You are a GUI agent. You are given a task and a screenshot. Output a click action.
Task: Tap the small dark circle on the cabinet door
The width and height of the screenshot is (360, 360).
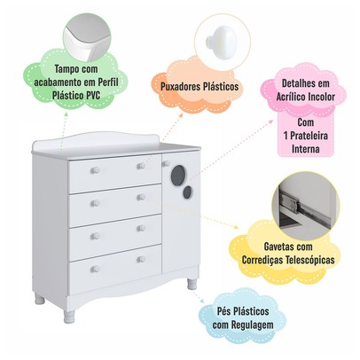(187, 192)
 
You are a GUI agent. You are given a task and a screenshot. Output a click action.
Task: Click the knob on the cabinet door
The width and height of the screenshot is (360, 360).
(166, 163)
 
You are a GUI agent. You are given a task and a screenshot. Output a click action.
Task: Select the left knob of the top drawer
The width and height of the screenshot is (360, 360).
(95, 170)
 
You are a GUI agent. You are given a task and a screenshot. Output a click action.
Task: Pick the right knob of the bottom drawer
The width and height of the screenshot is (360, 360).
(141, 259)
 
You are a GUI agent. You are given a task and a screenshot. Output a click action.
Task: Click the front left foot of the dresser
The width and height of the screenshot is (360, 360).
(69, 317)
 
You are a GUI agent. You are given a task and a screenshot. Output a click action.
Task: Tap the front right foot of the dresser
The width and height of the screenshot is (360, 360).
(192, 284)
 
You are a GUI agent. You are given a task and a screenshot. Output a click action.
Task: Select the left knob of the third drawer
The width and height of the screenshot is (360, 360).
(95, 236)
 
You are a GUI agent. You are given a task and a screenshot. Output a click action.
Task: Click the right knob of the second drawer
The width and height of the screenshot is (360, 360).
(141, 197)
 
